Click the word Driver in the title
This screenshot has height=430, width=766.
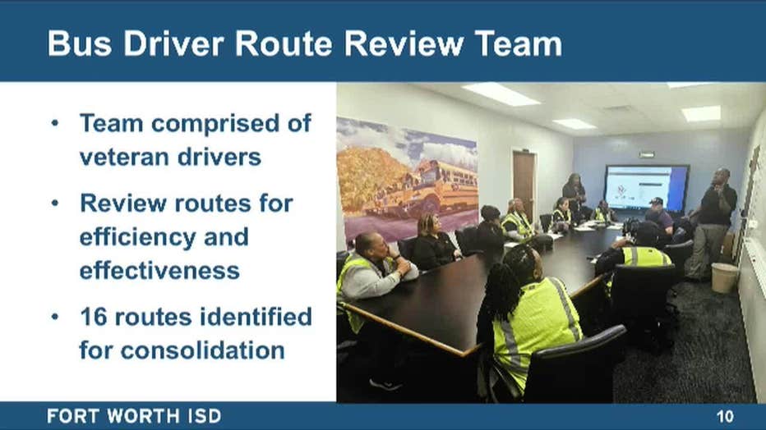pyautogui.click(x=173, y=43)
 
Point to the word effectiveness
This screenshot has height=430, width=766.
pyautogui.click(x=159, y=271)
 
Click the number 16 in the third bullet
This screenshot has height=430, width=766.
pyautogui.click(x=94, y=317)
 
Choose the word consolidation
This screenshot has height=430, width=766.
pyautogui.click(x=203, y=350)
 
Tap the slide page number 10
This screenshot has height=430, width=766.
pyautogui.click(x=726, y=416)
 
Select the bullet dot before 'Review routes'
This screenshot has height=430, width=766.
pyautogui.click(x=55, y=203)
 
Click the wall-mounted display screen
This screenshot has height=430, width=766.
pyautogui.click(x=646, y=188)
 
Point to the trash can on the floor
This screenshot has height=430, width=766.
pyautogui.click(x=724, y=277)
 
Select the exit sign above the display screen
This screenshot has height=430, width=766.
pyautogui.click(x=646, y=155)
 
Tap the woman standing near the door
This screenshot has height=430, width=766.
pyautogui.click(x=575, y=196)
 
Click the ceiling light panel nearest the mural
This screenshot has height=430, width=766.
pyautogui.click(x=501, y=94)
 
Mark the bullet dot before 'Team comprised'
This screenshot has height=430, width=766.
pyautogui.click(x=55, y=123)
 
